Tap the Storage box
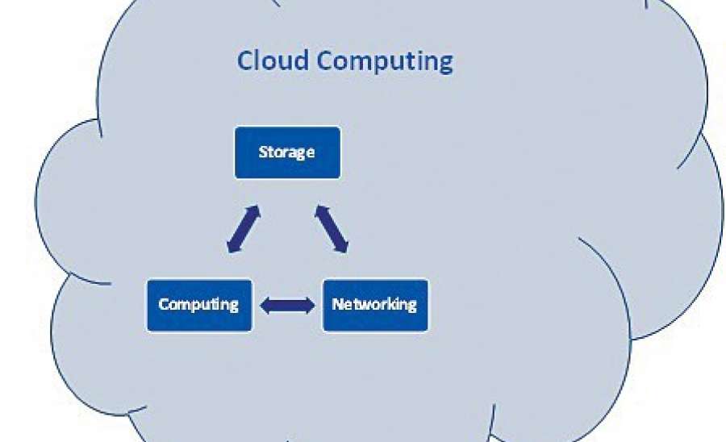[287, 152]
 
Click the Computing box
[199, 305]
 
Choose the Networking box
[375, 305]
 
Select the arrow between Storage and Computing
[244, 229]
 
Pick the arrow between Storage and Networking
[332, 229]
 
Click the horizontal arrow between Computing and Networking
[288, 305]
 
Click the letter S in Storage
[262, 152]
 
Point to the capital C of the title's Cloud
[245, 60]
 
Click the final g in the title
[445, 64]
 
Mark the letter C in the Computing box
[163, 304]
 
